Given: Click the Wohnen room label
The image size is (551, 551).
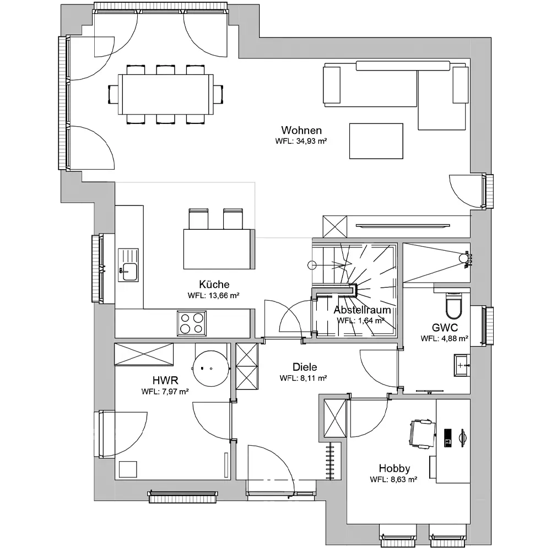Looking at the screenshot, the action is click(301, 131).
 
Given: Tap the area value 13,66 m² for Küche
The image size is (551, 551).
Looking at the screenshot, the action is click(224, 295).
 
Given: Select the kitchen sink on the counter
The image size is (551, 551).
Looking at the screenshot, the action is click(128, 265).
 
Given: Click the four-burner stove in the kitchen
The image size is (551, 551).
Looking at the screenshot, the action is click(192, 323).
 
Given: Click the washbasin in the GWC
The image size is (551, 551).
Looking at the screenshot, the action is click(462, 365).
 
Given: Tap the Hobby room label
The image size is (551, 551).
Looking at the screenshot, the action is click(395, 468).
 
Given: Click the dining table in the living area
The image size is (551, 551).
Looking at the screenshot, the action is click(165, 94).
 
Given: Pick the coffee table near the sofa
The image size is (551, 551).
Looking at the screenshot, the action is click(376, 141).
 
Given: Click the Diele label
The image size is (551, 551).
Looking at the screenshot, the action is click(305, 367).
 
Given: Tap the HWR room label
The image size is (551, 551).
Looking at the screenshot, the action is click(165, 380).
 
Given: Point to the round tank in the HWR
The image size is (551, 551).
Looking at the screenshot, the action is click(211, 368).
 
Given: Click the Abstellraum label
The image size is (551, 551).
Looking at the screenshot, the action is click(363, 310).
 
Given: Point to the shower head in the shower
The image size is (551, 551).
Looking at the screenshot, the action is click(464, 258).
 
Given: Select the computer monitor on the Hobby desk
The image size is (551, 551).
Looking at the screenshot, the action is click(462, 437).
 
